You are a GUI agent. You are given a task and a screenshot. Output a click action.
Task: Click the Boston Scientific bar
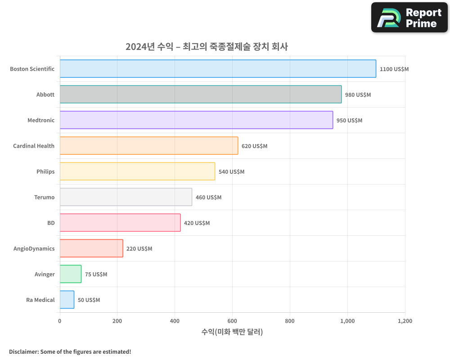click(218, 69)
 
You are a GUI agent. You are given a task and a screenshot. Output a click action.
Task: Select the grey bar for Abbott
click(201, 94)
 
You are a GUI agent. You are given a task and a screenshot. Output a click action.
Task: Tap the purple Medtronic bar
click(196, 120)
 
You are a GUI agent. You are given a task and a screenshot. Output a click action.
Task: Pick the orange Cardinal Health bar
click(149, 146)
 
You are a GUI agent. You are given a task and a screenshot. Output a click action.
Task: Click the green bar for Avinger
click(71, 274)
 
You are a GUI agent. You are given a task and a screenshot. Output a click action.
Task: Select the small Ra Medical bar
click(67, 300)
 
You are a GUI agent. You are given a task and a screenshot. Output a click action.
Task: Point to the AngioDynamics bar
click(91, 248)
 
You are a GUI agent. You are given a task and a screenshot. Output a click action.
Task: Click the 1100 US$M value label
click(394, 69)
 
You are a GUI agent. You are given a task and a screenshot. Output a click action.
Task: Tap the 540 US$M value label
click(231, 172)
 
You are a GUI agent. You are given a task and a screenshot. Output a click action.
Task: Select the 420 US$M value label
click(197, 223)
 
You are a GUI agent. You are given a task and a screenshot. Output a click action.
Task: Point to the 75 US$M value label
click(96, 274)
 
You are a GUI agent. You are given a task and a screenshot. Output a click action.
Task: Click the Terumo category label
click(44, 197)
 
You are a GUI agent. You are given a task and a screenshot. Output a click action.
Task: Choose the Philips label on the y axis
click(45, 171)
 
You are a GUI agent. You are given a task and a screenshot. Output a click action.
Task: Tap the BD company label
click(51, 223)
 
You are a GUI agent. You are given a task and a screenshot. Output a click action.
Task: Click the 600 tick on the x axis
click(232, 321)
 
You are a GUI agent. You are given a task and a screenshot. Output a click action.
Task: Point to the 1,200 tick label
click(405, 321)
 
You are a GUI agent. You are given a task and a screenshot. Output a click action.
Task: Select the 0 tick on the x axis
click(60, 321)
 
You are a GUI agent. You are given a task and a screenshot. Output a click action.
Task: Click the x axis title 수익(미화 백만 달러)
click(232, 332)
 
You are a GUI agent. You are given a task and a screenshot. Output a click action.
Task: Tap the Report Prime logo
click(409, 18)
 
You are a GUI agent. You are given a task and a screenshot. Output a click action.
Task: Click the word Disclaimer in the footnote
click(23, 351)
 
